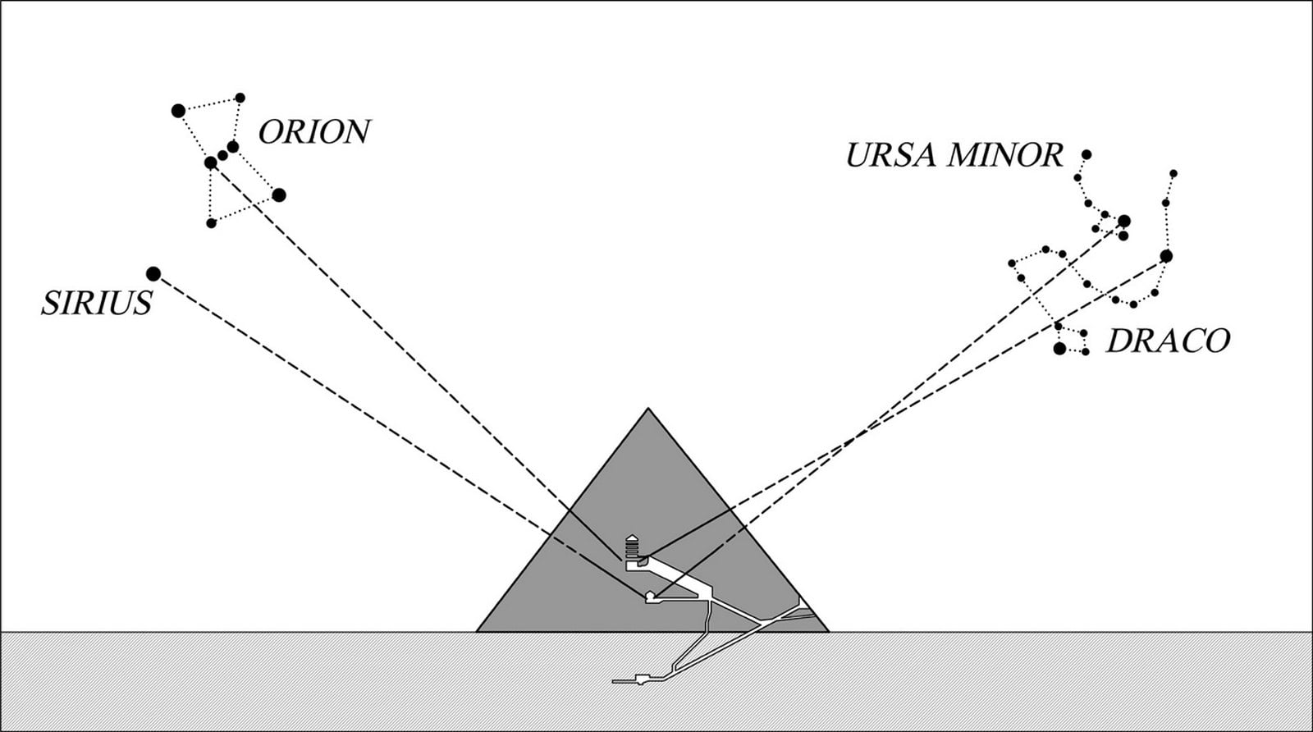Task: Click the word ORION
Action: (x=314, y=132)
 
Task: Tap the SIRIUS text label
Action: (x=96, y=303)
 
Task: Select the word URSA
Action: (x=891, y=155)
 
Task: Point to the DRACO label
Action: (x=1168, y=341)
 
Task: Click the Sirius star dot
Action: (x=153, y=274)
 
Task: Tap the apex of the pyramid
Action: (x=647, y=408)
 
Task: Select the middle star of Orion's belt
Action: (x=222, y=155)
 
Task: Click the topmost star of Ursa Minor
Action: (x=1087, y=154)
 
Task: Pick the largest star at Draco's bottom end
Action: (x=1059, y=349)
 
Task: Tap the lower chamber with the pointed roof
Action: (x=650, y=597)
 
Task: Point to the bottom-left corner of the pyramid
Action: (x=477, y=631)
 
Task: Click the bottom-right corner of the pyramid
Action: (x=829, y=631)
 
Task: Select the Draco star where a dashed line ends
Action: (x=1166, y=256)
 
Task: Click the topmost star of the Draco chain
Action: (x=1173, y=173)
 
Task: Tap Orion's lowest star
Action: (x=212, y=223)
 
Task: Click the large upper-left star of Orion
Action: (x=178, y=111)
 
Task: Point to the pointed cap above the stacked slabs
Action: (x=632, y=538)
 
